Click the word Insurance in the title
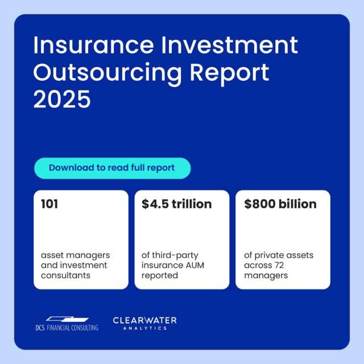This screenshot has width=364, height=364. [x=93, y=45]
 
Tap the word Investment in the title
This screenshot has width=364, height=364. [x=229, y=45]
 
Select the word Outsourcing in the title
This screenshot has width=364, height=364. [x=107, y=74]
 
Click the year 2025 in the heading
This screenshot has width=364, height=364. [x=62, y=99]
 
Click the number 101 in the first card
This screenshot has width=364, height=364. [x=49, y=204]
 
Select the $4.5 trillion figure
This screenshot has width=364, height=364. [x=177, y=204]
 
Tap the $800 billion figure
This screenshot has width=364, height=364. [x=280, y=204]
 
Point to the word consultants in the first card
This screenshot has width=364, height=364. [x=65, y=275]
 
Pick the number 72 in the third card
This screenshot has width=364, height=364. [x=278, y=265]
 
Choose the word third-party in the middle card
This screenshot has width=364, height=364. [x=175, y=255]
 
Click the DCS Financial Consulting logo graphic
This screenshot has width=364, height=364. [x=67, y=319]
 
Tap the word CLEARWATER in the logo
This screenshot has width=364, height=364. [x=144, y=321]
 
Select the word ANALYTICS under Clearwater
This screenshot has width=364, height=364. [x=145, y=328]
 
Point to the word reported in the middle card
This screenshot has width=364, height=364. [x=160, y=275]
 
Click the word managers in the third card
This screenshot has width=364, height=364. [x=266, y=275]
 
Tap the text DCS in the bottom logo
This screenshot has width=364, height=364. [x=40, y=328]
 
